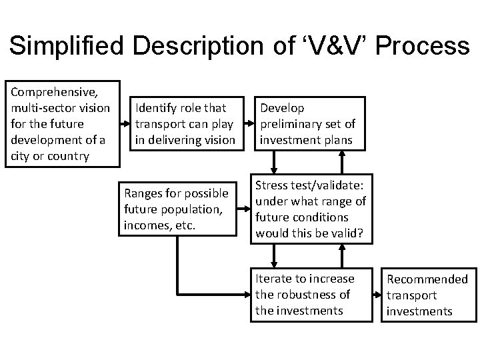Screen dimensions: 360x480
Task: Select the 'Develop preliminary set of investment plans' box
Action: [x=307, y=123]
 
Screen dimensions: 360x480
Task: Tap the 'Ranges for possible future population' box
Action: [x=177, y=208]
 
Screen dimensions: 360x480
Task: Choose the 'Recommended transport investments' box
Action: [x=427, y=295]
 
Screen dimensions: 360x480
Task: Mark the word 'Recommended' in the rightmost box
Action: [x=427, y=279]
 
